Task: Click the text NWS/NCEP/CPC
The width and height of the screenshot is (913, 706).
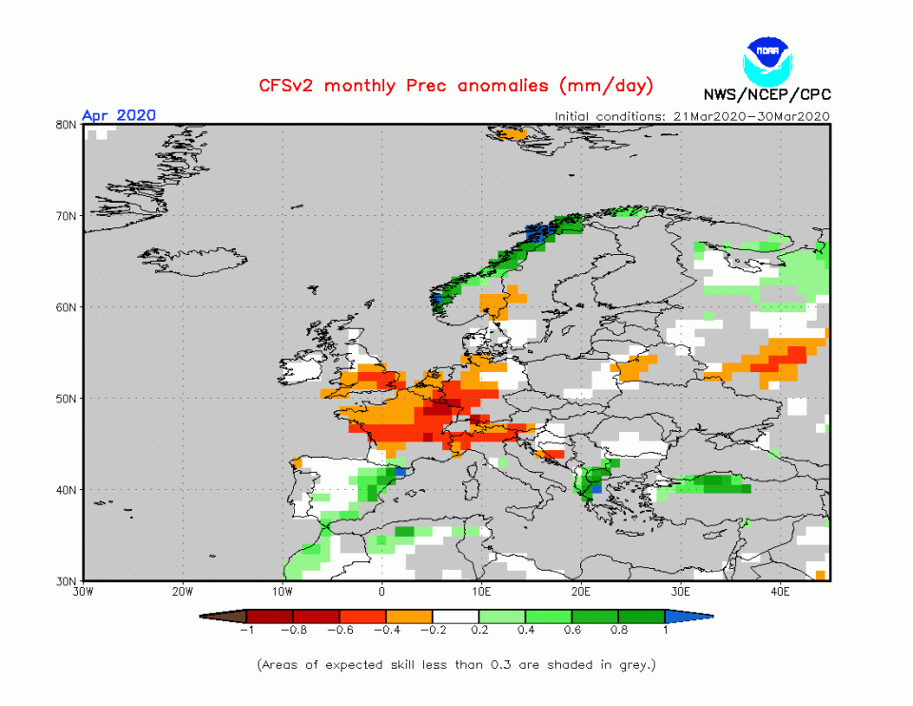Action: coord(767,94)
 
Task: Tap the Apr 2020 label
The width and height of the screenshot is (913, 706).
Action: coord(118,115)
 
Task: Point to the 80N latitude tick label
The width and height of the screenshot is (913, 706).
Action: coord(67,125)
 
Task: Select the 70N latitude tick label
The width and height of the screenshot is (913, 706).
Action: coord(67,216)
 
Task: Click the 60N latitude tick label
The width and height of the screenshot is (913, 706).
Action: coord(67,307)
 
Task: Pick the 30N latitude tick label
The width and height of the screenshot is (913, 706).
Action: coord(67,581)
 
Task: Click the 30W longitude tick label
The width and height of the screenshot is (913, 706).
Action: coord(84,592)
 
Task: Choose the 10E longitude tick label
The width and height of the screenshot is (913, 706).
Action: coord(482,592)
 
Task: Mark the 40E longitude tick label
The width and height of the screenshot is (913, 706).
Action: coord(780,592)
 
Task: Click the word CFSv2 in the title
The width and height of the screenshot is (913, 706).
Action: coord(291,86)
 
